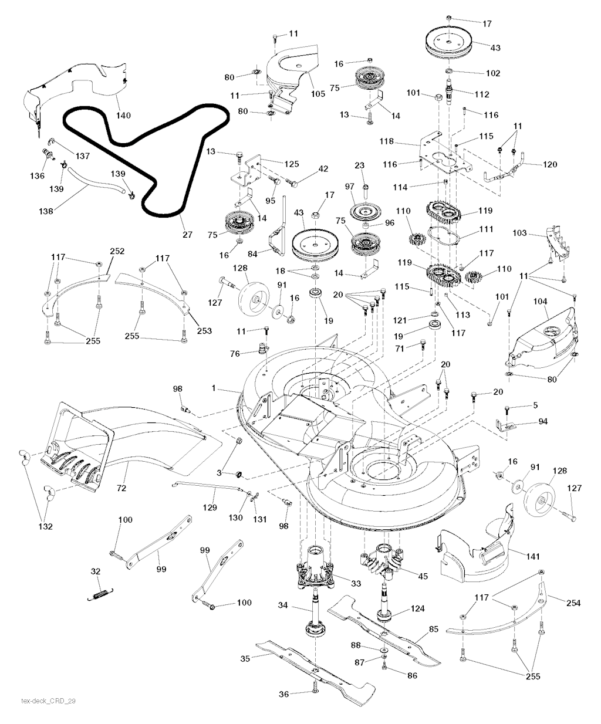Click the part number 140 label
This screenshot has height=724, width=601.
pyautogui.click(x=123, y=116)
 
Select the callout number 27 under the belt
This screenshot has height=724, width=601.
pyautogui.click(x=187, y=235)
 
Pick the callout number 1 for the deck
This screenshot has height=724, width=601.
pyautogui.click(x=215, y=388)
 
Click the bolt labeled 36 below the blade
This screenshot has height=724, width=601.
pyautogui.click(x=316, y=693)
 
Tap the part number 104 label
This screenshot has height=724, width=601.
pyautogui.click(x=541, y=302)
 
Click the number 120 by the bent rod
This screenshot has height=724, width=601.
pyautogui.click(x=550, y=165)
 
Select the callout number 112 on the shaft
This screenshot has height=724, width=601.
pyautogui.click(x=481, y=94)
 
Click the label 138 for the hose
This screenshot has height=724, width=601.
pyautogui.click(x=49, y=208)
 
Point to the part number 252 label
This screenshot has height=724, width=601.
pyautogui.click(x=117, y=251)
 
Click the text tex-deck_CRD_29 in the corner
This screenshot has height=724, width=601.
pyautogui.click(x=48, y=701)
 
